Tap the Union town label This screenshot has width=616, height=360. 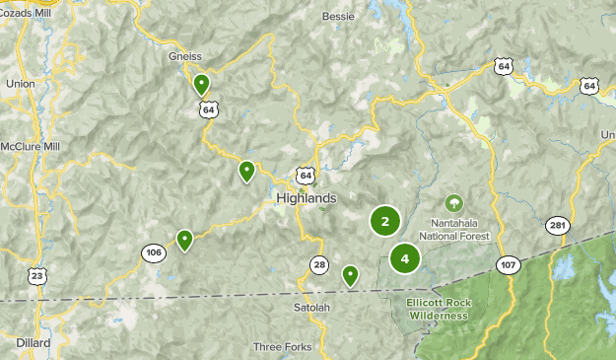point(20,84)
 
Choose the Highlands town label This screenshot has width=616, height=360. point(306,197)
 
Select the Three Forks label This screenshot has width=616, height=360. point(282,346)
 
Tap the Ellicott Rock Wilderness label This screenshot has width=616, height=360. point(442,309)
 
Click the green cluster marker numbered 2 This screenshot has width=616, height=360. point(384,221)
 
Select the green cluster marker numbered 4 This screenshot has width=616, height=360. point(404,258)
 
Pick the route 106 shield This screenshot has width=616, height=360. point(153,252)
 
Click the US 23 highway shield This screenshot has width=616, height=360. point(36,277)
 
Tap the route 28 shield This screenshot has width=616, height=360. point(319,264)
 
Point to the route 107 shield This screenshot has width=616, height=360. point(509,264)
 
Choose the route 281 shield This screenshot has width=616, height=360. point(558,226)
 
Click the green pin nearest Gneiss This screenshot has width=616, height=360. point(201,84)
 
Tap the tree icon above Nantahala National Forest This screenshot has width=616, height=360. point(453,204)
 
